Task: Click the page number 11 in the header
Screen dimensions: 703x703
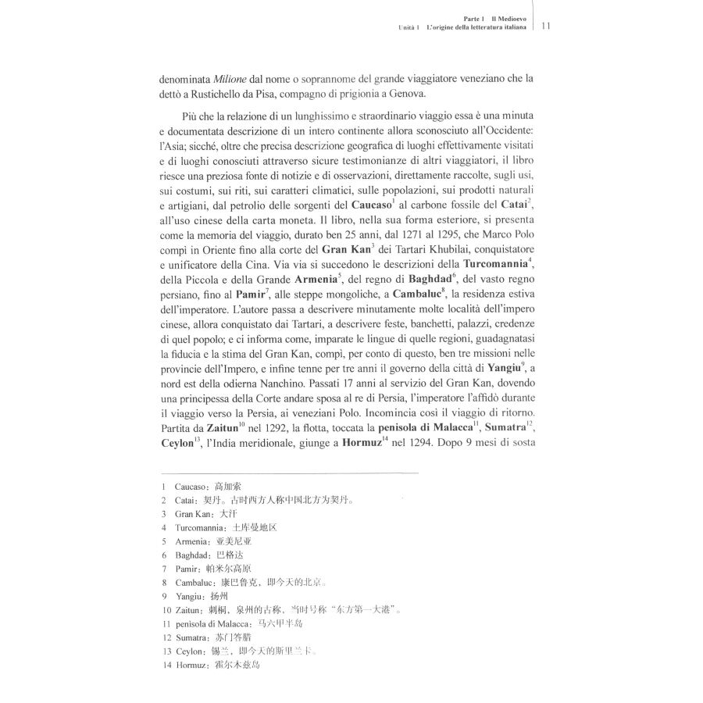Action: pyautogui.click(x=546, y=26)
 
